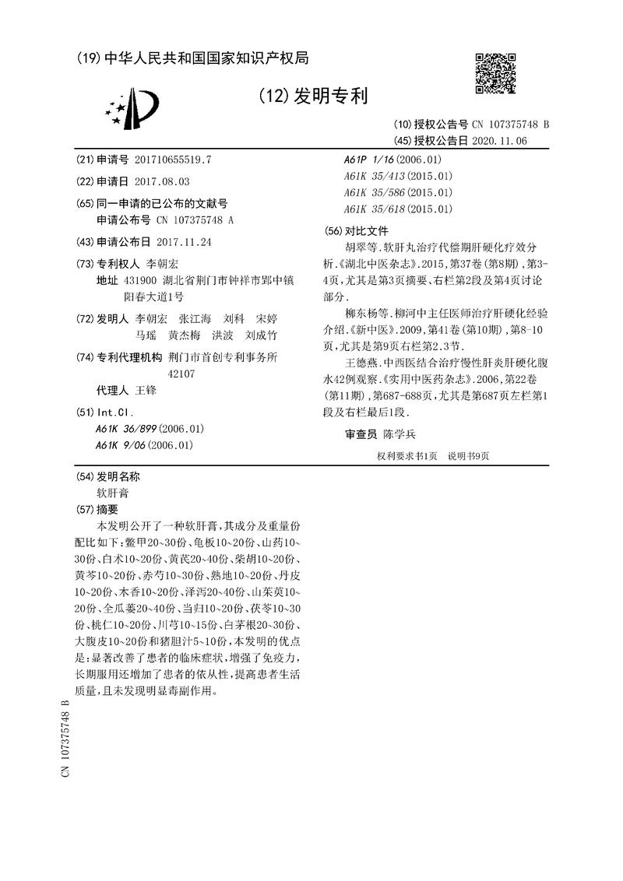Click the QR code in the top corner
point(495,73)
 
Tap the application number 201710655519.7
point(172,160)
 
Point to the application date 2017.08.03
point(162,181)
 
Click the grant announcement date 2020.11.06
point(499,141)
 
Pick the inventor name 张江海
point(195,319)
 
